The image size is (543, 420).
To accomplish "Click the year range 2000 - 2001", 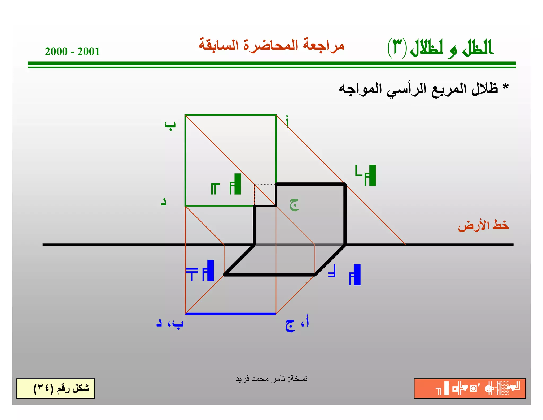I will pyautogui.click(x=72, y=52).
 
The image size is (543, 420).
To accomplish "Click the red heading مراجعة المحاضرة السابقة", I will pyautogui.click(x=271, y=45).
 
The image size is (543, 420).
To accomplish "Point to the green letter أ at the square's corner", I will pyautogui.click(x=287, y=122).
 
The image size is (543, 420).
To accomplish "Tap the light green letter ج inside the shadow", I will pyautogui.click(x=294, y=204).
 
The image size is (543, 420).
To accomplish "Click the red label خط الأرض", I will pyautogui.click(x=483, y=225).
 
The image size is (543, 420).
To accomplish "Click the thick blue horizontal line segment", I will pyautogui.click(x=230, y=314).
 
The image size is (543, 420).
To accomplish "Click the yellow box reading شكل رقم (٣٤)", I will pyautogui.click(x=56, y=388).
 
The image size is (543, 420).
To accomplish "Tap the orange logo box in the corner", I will pyautogui.click(x=470, y=388).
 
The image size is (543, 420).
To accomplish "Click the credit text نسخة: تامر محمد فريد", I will pyautogui.click(x=271, y=379).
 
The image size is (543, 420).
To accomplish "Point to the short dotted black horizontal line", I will pyautogui.click(x=265, y=184).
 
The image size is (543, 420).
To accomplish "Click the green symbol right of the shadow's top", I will pyautogui.click(x=366, y=175).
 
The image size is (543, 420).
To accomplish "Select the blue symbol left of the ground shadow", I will pyautogui.click(x=200, y=271).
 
